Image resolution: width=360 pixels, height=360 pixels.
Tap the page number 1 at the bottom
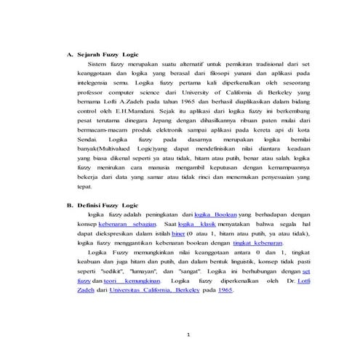188,335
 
